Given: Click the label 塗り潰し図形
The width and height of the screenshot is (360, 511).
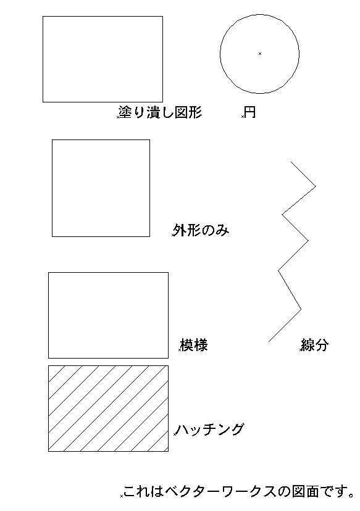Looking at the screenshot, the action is click(160, 112).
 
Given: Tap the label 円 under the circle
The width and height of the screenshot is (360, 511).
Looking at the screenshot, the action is click(250, 112).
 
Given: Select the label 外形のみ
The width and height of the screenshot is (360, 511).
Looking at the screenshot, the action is click(201, 230).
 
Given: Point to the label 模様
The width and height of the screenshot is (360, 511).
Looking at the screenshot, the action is click(195, 345).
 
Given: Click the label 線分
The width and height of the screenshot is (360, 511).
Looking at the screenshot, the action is click(314, 345).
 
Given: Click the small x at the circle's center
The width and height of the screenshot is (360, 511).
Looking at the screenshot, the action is click(260, 54).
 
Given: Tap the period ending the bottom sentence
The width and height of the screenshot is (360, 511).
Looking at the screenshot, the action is click(351, 496).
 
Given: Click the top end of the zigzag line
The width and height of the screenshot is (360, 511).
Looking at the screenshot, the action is click(291, 162).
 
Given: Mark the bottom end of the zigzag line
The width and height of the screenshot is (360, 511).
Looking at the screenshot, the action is click(269, 341).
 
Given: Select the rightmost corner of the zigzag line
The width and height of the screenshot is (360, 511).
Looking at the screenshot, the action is click(316, 186).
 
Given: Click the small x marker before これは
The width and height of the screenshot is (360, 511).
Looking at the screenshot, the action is click(122, 496).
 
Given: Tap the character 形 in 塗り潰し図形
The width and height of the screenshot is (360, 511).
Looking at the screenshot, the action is click(195, 112).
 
